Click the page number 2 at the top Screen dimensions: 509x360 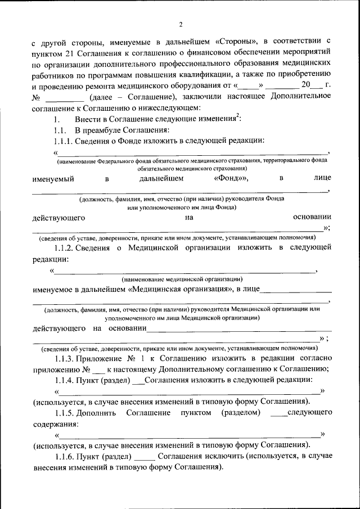pyautogui.click(x=181, y=24)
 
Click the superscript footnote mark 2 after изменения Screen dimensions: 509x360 pyautogui.click(x=238, y=116)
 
